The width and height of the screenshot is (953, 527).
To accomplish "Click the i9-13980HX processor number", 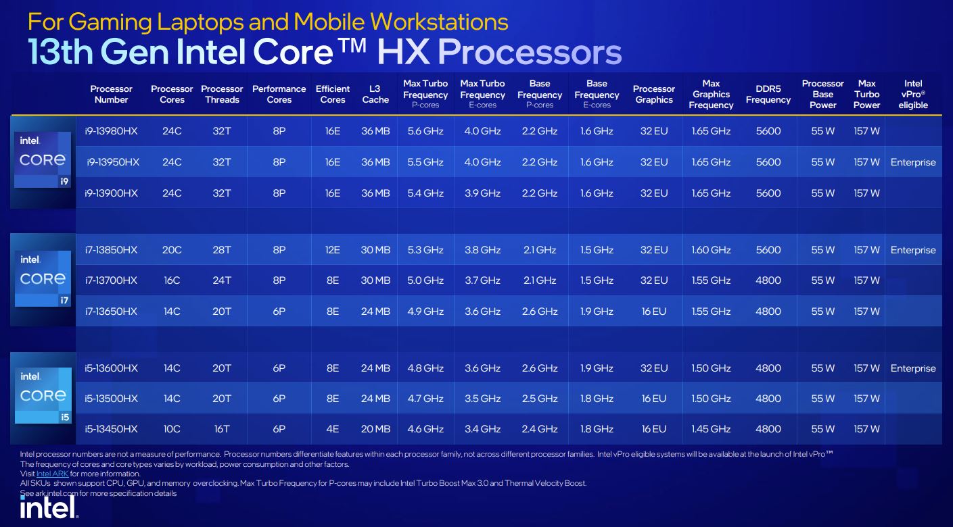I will point(111,131).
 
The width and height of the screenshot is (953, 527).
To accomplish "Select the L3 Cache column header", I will point(375,94).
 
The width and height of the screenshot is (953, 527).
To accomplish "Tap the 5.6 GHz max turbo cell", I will point(425,131).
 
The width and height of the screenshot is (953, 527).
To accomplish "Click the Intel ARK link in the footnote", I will point(53,474).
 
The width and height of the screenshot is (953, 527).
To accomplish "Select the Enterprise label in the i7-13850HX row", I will point(913,250).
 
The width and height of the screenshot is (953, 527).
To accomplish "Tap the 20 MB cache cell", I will point(375,429).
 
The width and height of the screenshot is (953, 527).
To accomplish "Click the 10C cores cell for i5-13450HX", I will point(172,429).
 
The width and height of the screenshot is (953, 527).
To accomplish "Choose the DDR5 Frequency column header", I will point(768,94).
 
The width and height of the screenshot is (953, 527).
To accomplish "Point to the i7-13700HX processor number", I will point(111,280).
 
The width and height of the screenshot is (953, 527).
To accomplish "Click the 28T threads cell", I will point(222,250).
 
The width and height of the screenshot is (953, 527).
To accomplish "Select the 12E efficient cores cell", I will point(333,250).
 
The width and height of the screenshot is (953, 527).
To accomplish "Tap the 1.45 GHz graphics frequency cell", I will point(711,429).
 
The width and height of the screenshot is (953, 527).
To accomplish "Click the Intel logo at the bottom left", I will point(49,508).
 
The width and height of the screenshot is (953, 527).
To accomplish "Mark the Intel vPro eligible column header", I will point(913,94).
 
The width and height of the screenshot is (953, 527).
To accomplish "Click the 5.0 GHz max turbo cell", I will point(425,280).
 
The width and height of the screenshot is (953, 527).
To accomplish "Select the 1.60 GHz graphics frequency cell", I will point(711,250).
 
